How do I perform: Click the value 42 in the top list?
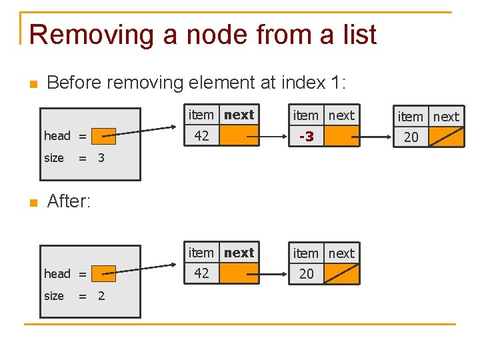pos(201,136)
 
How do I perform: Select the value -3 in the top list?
pos(306,136)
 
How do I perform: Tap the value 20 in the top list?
pos(411,137)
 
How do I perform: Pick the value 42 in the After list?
pos(201,273)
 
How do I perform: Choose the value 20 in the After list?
pos(306,274)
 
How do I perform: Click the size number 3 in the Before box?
pos(101,159)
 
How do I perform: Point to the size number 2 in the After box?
pos(101,296)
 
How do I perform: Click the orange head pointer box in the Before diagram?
pos(103,136)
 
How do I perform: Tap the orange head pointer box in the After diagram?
pos(103,273)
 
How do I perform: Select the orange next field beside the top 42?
pos(239,136)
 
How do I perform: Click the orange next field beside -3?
pos(341,136)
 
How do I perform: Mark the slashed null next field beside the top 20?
pos(445,137)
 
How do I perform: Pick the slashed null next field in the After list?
pos(341,274)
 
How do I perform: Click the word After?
pos(69,201)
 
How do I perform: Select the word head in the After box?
pos(57,274)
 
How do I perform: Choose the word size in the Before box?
pos(53,159)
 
